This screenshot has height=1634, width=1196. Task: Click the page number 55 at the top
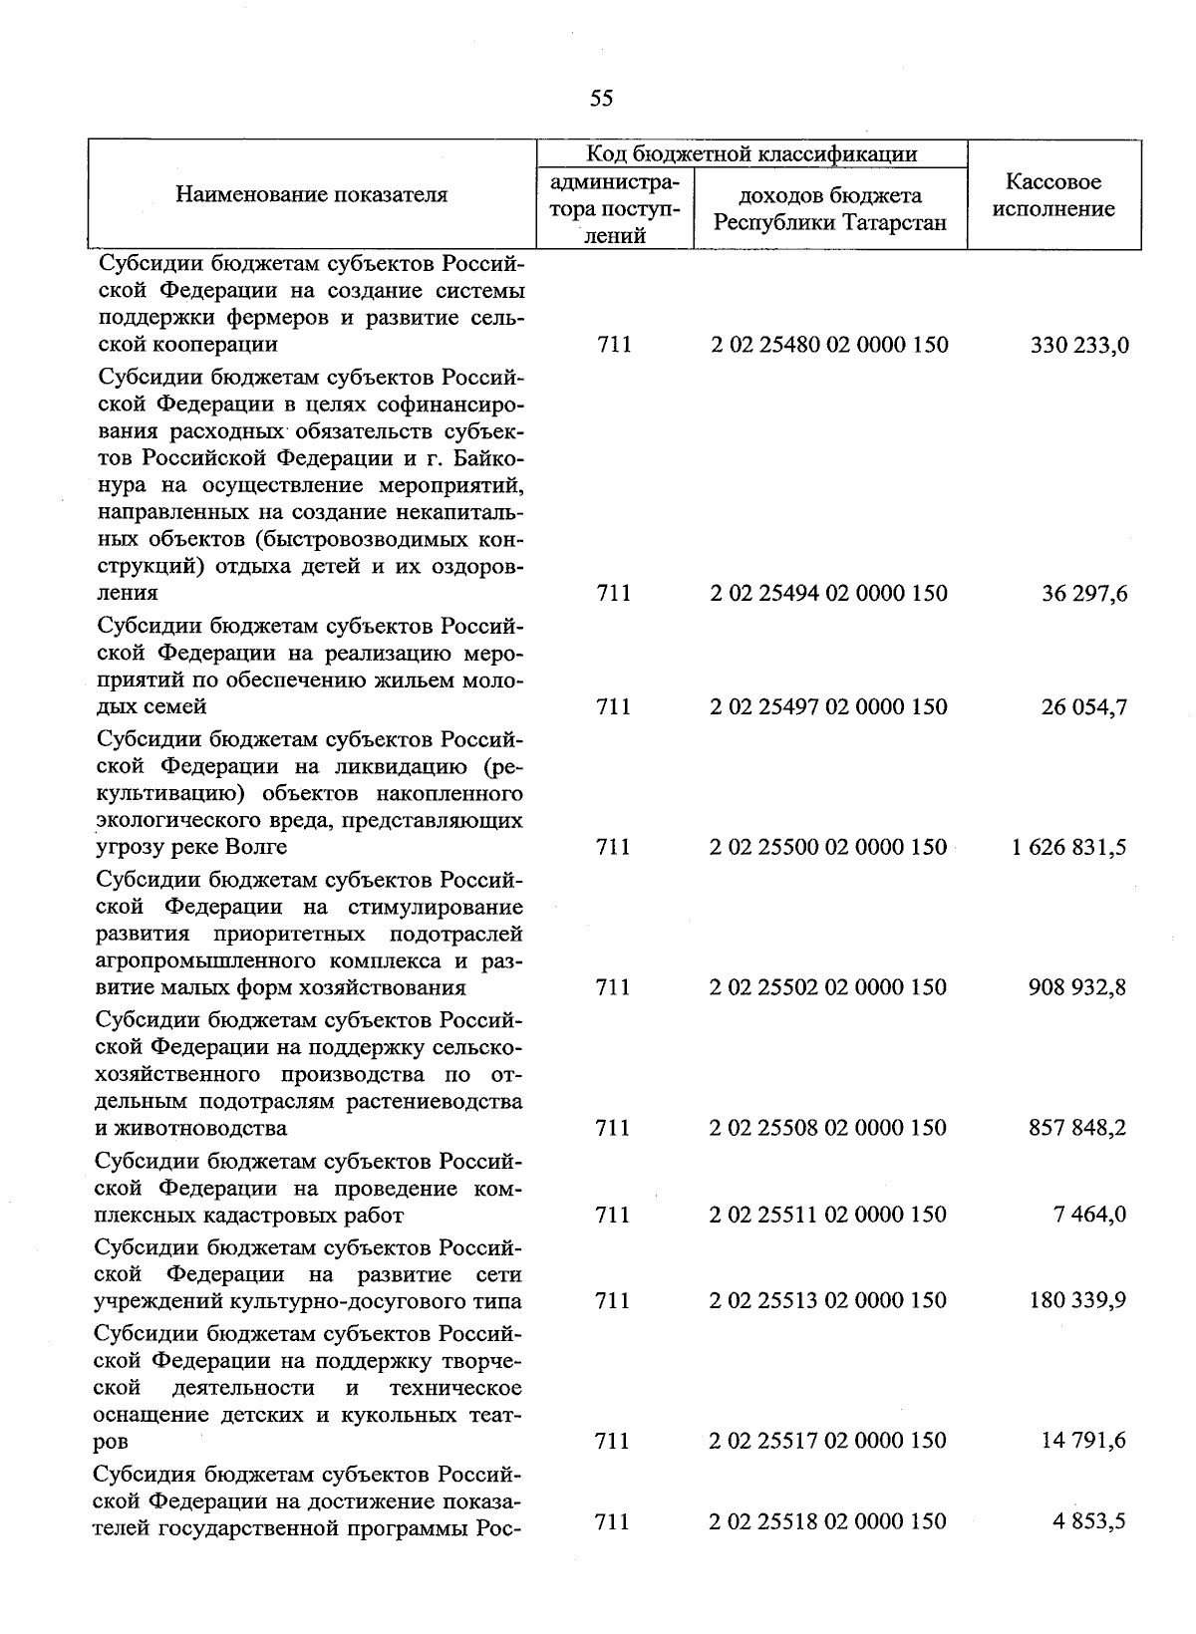coord(601,98)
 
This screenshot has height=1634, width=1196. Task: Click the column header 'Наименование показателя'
coord(312,194)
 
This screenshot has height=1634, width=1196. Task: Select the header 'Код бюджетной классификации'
coord(751,153)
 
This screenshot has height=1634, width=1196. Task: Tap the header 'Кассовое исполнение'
coord(1053,195)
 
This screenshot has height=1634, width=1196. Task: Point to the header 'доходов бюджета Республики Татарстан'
coord(829,208)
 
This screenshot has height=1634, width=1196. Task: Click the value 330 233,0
coord(1078,346)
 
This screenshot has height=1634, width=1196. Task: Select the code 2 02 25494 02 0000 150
coord(829,594)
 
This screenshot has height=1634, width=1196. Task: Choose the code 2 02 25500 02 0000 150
coord(829,848)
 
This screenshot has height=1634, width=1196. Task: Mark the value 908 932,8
coord(1078,988)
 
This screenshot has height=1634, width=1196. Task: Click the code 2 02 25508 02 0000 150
coord(829,1129)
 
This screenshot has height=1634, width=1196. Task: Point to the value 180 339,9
coord(1078,1300)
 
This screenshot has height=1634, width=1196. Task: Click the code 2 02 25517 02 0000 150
coord(829,1441)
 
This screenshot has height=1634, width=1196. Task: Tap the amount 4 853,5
coord(1092,1522)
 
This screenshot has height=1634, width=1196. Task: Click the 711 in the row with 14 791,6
coord(612,1441)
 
